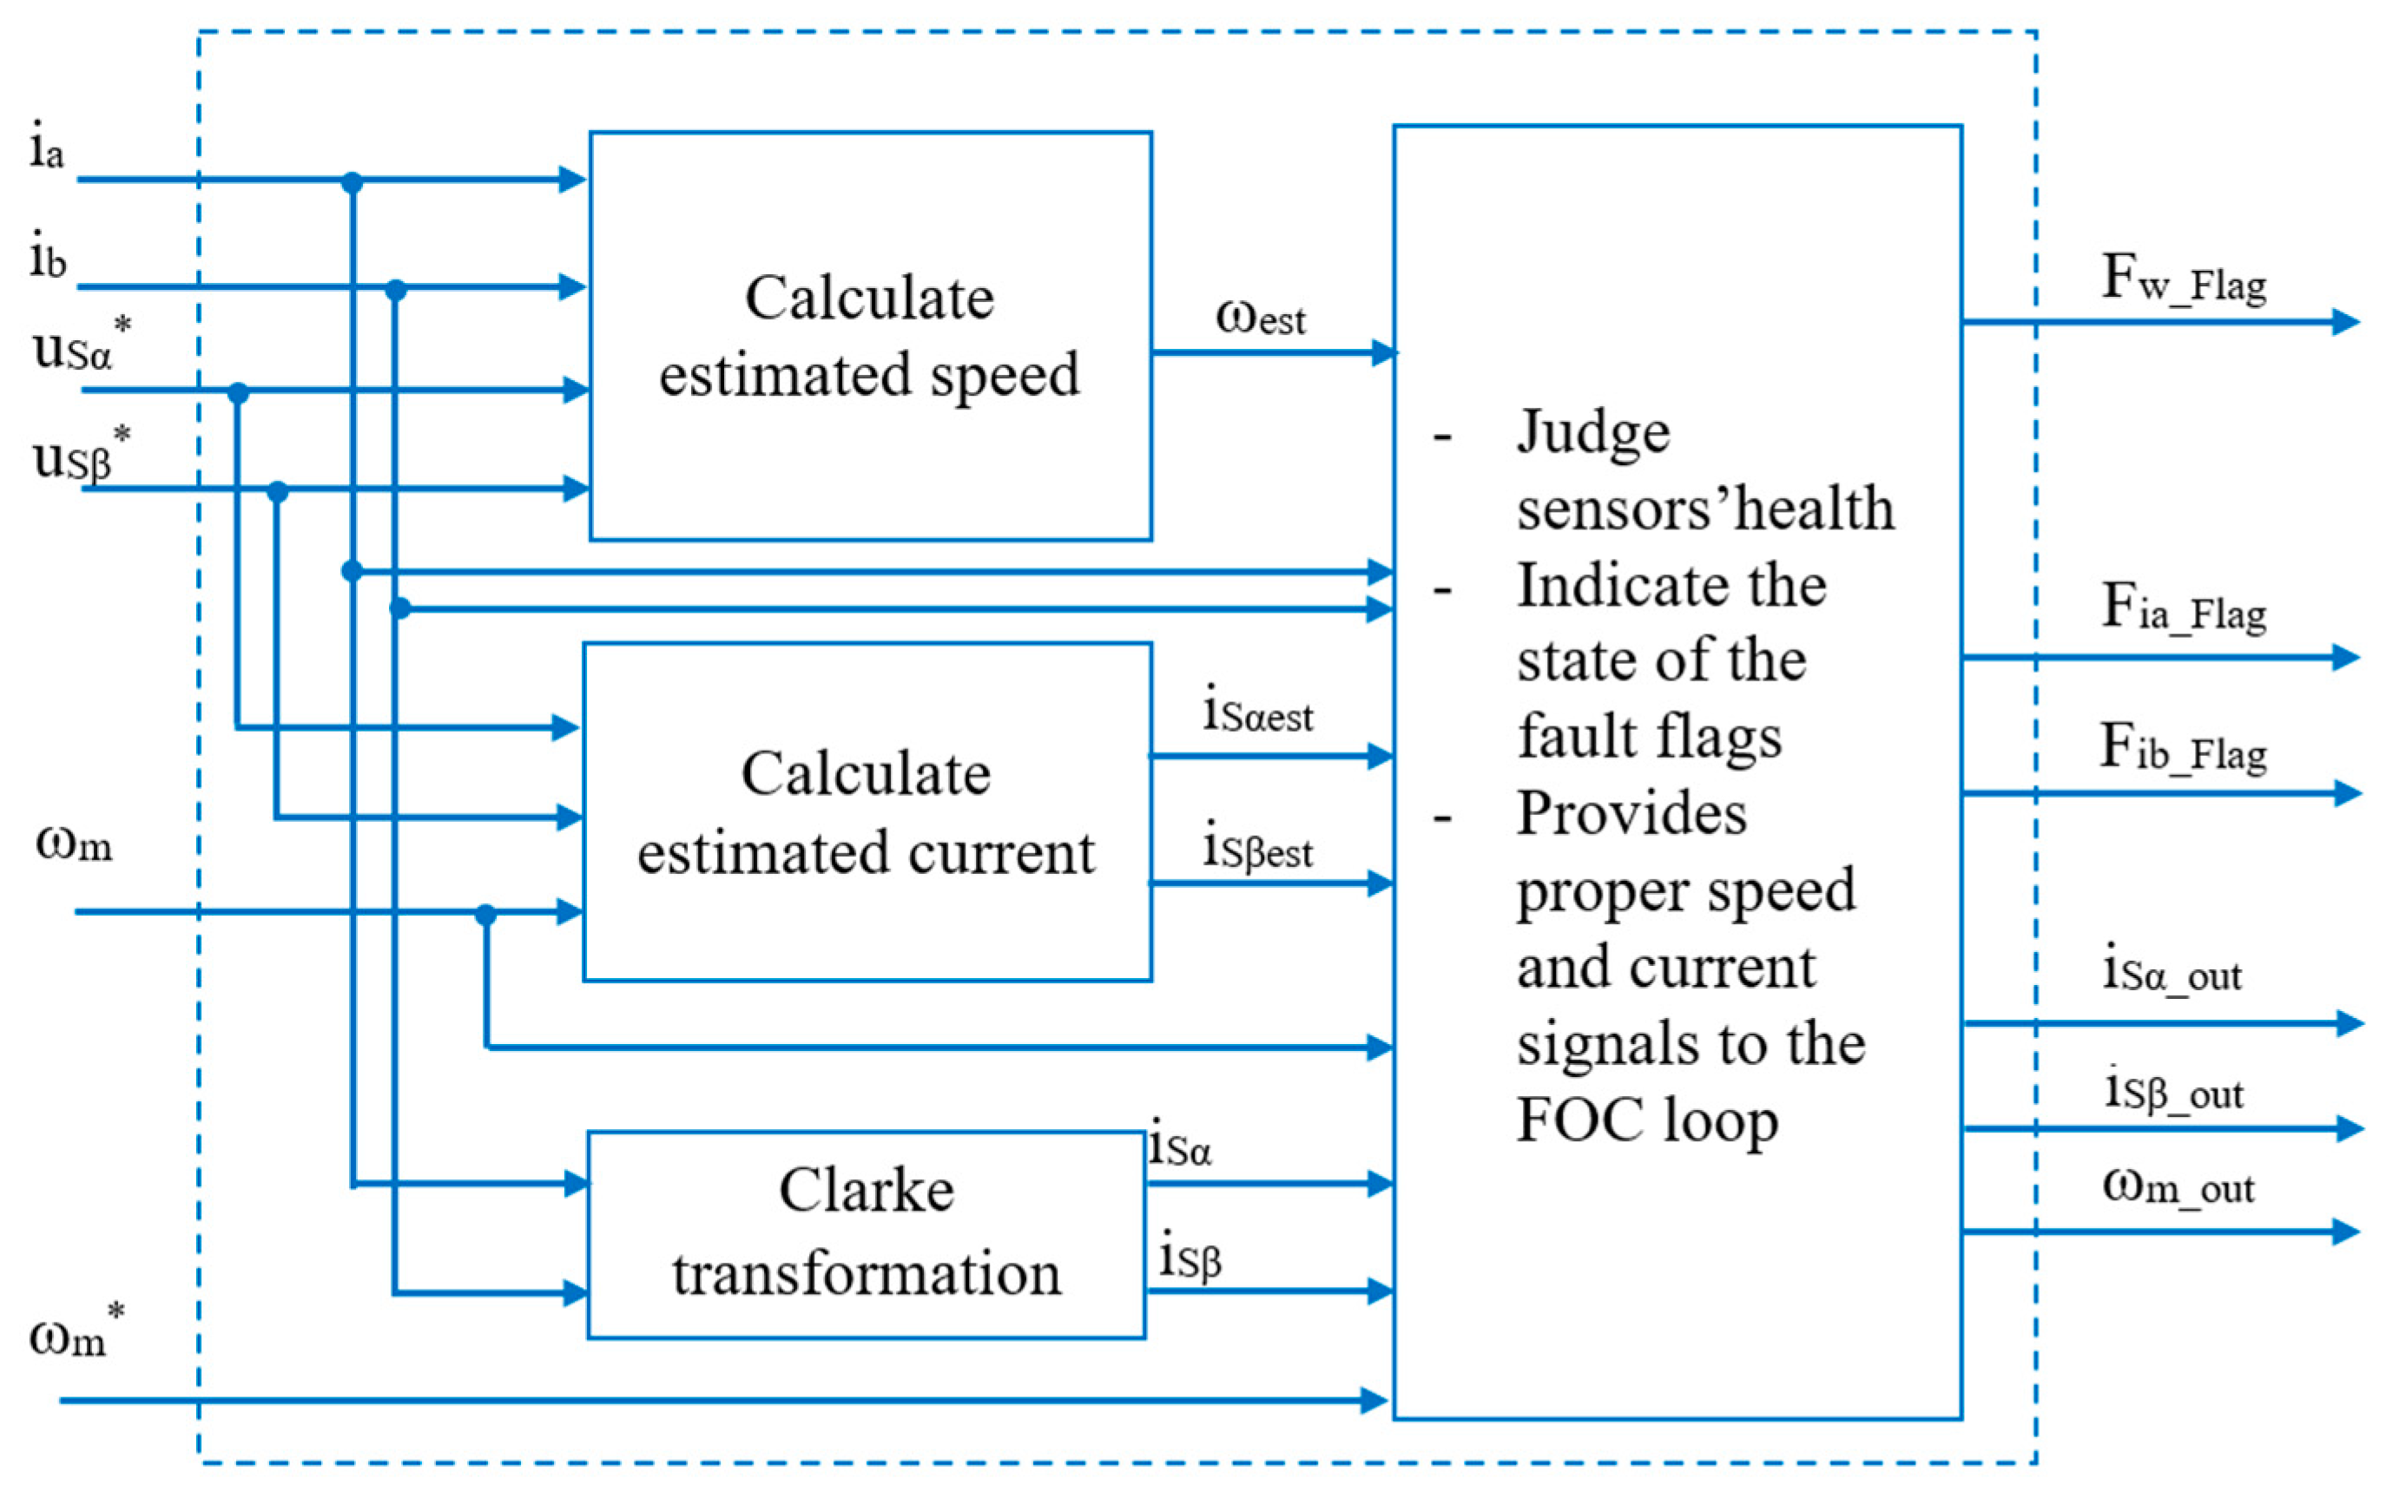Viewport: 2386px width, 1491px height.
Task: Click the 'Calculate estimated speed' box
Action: [869, 335]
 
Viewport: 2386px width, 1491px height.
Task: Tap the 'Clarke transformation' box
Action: [866, 1232]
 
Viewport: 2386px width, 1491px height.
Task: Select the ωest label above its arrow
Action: [1260, 317]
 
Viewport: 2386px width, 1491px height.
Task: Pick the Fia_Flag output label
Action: [2183, 608]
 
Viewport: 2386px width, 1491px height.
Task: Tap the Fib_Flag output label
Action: [2183, 747]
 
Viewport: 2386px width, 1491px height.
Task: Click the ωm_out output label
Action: [2178, 1186]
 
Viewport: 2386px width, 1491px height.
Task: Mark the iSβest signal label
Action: [1257, 848]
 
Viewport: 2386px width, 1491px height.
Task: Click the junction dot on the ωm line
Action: [485, 914]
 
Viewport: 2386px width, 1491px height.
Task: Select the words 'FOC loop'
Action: [1646, 1121]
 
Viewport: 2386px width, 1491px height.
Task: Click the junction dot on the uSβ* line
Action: [277, 490]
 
